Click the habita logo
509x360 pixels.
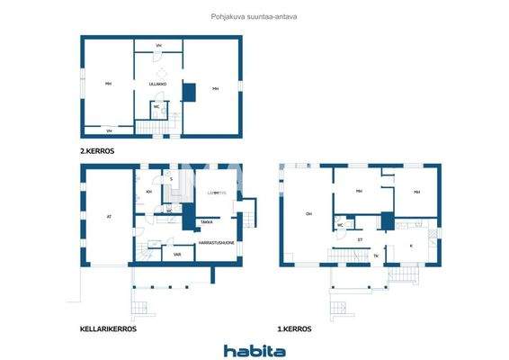tap(254, 350)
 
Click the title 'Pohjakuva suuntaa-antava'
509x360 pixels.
tap(254, 16)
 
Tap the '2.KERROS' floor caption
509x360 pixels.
tap(97, 151)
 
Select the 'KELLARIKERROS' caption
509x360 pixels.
tap(108, 329)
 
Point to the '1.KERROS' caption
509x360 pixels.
tap(295, 329)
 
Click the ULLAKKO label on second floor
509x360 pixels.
tap(158, 84)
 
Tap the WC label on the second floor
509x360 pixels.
tap(156, 107)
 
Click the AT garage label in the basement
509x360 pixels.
tap(108, 216)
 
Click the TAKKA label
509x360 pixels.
tap(207, 221)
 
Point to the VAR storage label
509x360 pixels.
tap(177, 255)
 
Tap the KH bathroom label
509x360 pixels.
tap(149, 192)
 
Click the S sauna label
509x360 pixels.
tap(171, 179)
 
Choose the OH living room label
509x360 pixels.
tap(308, 213)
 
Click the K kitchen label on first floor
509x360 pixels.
tap(411, 244)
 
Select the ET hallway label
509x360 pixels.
tap(360, 239)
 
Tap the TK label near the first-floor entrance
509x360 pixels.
tap(376, 256)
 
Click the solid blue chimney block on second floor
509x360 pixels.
tap(189, 91)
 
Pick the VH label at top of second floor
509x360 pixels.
tap(158, 45)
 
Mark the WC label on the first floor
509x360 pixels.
tap(340, 225)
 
